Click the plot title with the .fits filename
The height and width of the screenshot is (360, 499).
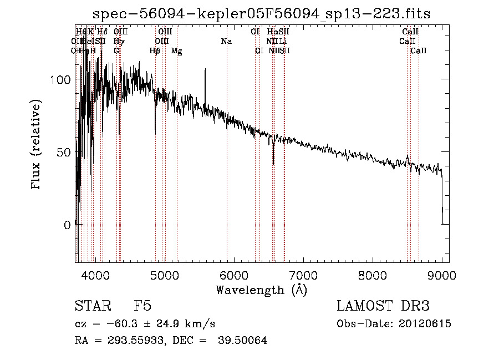pos(261,13)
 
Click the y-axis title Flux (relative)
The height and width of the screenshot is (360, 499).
pos(37,145)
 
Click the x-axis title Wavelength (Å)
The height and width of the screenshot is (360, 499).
pos(261,290)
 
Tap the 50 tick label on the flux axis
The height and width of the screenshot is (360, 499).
pos(64,152)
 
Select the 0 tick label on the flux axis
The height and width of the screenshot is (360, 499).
pos(67,225)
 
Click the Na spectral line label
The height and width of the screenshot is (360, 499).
pos(226,41)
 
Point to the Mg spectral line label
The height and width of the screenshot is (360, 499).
pos(176,51)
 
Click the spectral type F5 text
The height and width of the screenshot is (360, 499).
pos(142,306)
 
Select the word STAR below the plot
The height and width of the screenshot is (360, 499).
pos(92,306)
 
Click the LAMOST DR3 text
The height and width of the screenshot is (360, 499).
pos(383,306)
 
